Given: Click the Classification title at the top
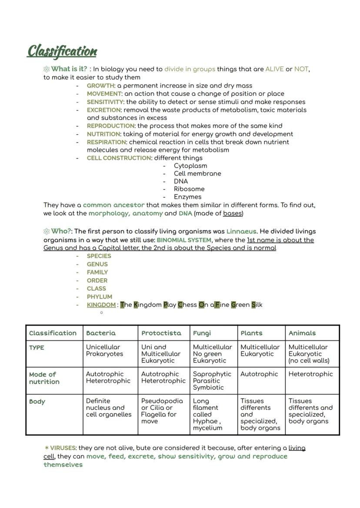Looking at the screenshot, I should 62,51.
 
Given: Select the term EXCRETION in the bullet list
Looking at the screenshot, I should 103,110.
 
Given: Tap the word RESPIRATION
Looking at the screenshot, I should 106,142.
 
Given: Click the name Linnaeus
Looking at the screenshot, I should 241,231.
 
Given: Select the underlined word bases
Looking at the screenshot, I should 233,213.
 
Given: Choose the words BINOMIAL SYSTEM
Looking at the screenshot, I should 184,240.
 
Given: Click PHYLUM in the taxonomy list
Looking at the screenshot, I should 99,297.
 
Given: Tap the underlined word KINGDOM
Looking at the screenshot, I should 101,305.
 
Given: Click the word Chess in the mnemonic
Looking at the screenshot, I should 187,305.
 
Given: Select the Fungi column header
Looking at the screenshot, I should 202,333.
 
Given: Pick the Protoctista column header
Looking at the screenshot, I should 161,333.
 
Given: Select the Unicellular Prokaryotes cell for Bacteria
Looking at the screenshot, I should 104,351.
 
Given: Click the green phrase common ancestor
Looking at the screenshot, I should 113,205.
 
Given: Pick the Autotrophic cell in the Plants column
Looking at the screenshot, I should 259,374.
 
